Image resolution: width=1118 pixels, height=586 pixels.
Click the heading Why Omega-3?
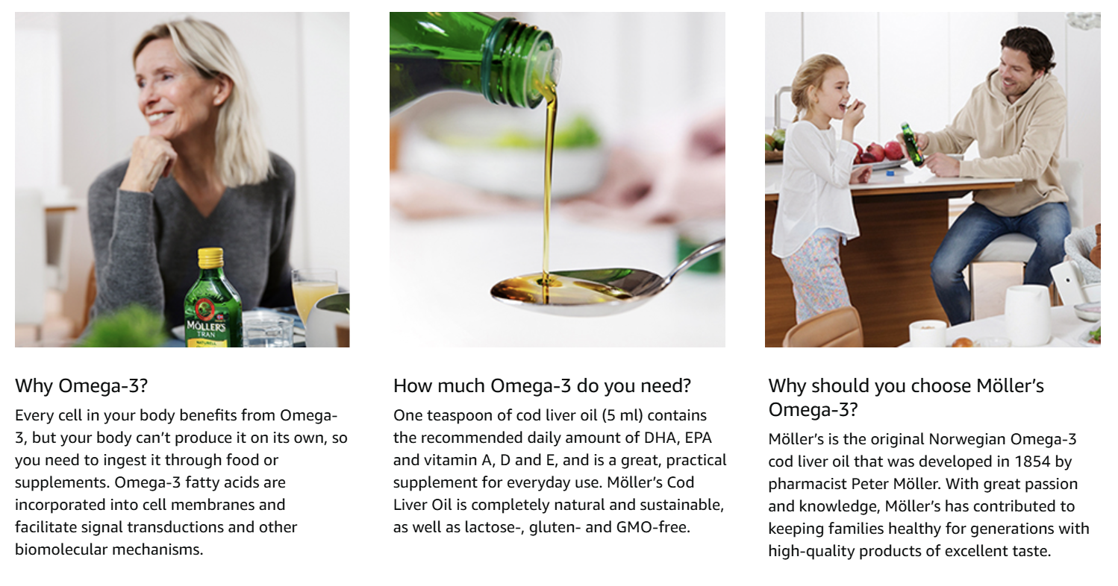(81, 386)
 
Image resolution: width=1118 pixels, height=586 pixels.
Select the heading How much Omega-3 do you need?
(542, 386)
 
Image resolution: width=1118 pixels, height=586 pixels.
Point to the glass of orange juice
(313, 294)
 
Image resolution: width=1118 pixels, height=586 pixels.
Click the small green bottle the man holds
(912, 144)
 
